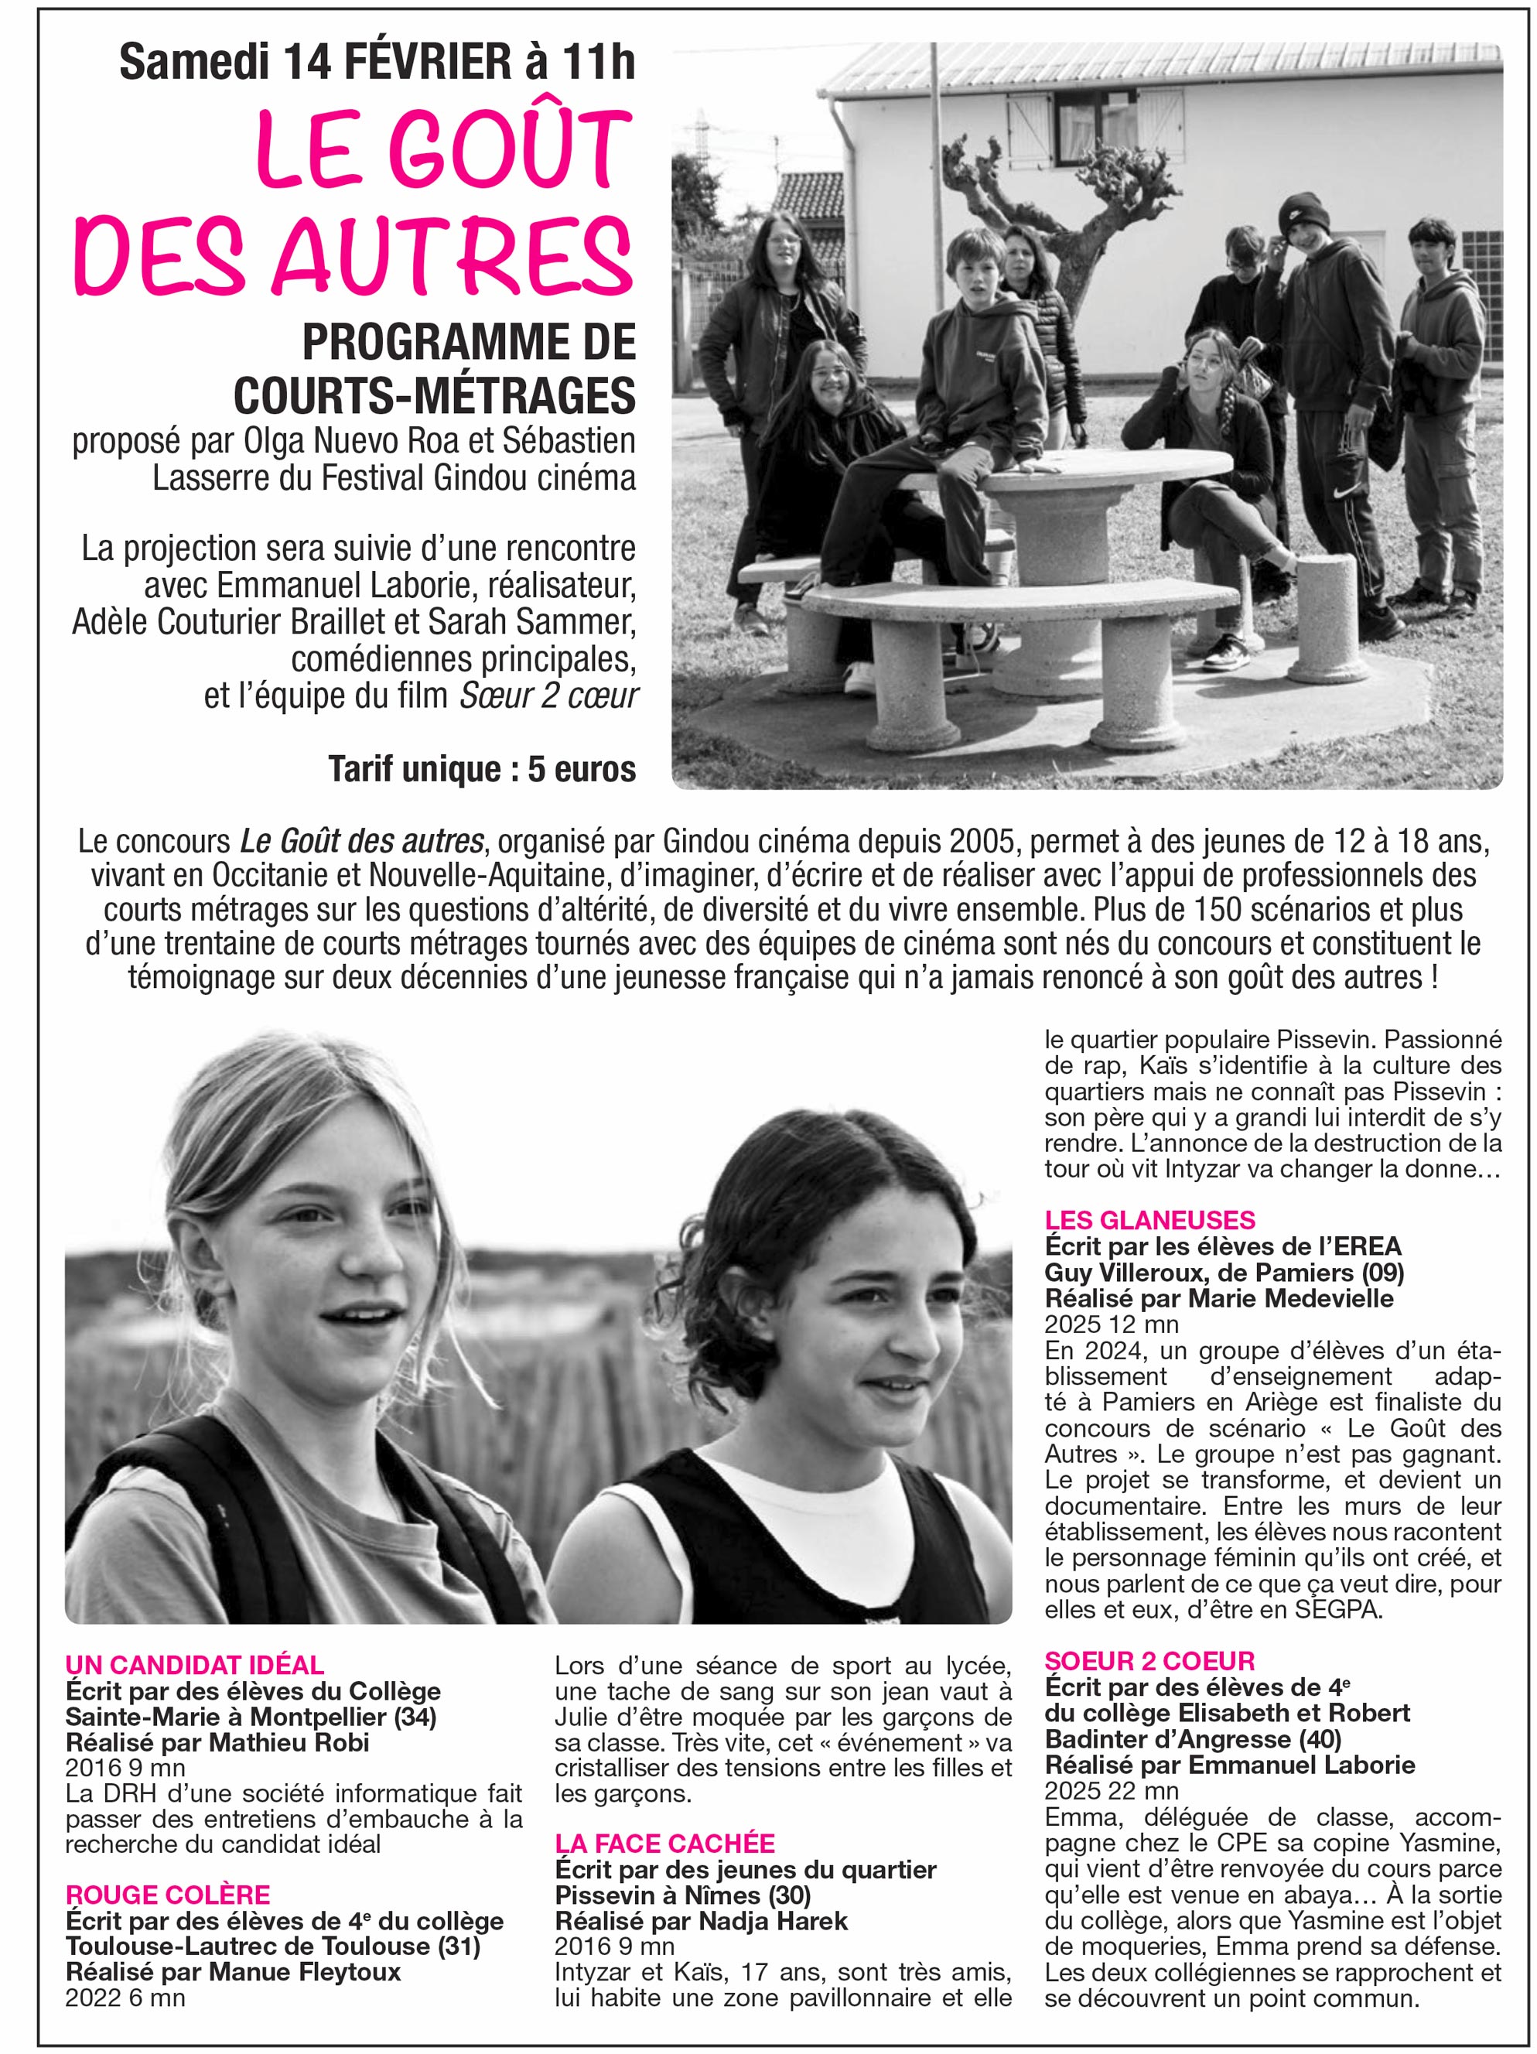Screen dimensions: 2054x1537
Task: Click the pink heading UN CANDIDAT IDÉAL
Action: click(194, 1665)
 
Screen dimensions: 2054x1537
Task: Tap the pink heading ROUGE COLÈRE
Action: click(167, 1895)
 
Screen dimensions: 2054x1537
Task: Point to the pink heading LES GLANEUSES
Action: click(1149, 1220)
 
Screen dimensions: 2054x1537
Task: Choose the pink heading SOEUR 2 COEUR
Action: click(1149, 1660)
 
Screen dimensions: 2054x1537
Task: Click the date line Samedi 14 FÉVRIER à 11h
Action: click(377, 62)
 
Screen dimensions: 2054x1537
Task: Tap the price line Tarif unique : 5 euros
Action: click(481, 769)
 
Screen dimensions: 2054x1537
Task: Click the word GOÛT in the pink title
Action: click(510, 149)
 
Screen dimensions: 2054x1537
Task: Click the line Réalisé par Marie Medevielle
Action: click(1218, 1298)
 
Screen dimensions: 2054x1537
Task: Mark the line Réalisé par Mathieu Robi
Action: click(217, 1742)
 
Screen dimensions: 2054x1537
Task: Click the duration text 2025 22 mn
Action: click(1111, 1790)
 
